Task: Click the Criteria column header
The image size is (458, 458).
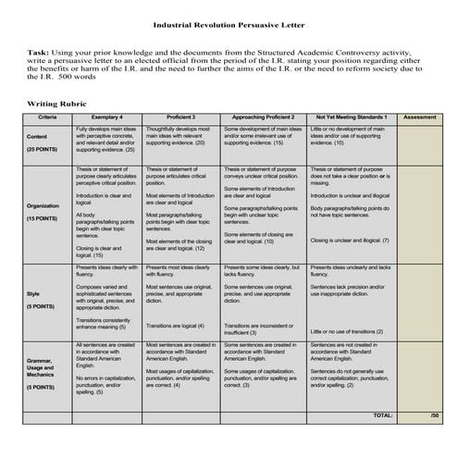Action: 46,118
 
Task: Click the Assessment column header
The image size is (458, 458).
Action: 419,118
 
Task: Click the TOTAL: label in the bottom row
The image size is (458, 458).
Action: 381,415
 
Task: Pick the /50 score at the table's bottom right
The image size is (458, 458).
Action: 434,415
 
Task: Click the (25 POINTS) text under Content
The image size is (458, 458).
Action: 43,148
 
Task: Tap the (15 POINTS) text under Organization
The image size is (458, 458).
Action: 43,218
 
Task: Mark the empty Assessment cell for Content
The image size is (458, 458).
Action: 419,143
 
